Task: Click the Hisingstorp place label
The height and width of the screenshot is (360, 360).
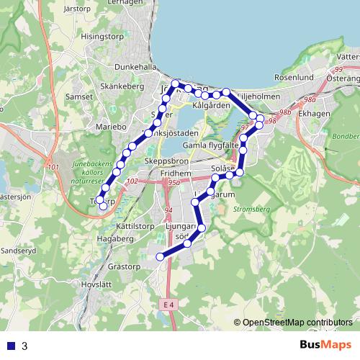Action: (109, 35)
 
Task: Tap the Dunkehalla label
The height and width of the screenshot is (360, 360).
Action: (129, 66)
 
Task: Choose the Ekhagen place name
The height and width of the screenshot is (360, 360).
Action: (314, 112)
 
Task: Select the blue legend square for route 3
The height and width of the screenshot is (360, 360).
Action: (11, 346)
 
